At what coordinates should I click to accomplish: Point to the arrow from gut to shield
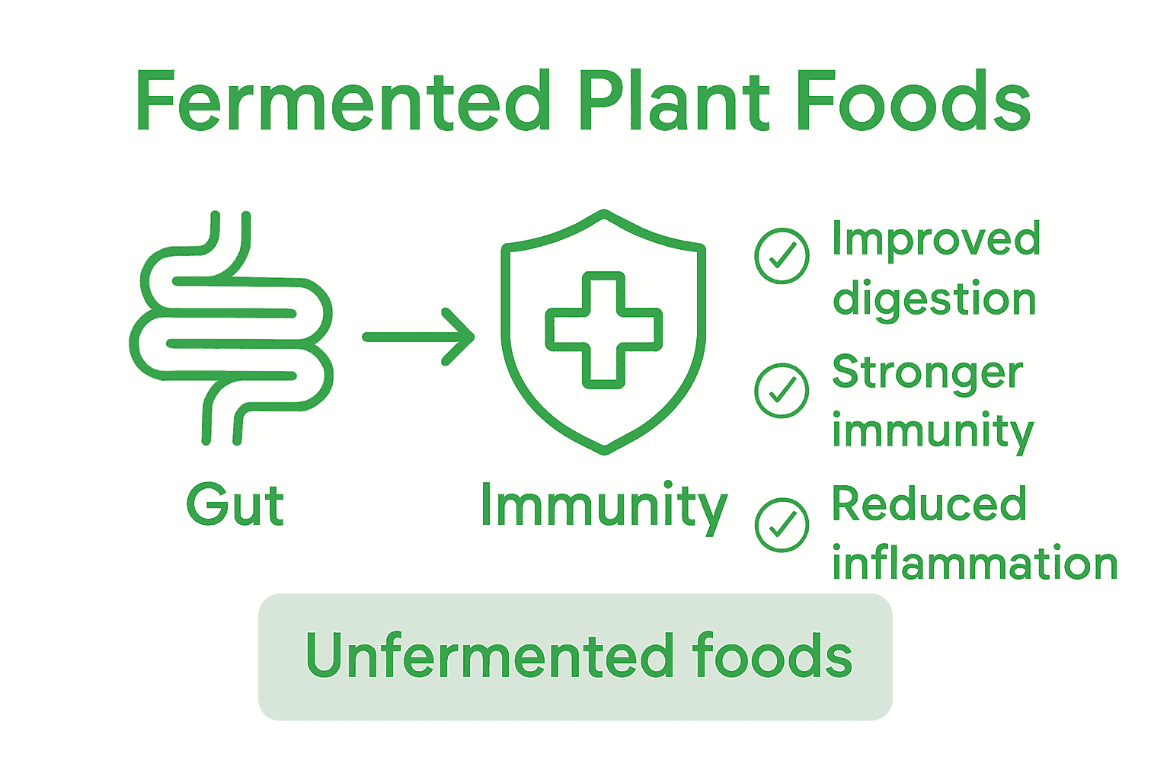(419, 337)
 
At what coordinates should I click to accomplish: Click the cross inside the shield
(603, 330)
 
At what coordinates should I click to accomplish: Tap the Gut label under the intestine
(235, 505)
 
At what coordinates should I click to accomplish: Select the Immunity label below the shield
(604, 507)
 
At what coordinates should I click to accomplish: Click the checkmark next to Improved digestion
(782, 256)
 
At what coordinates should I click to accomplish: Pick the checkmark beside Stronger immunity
(782, 390)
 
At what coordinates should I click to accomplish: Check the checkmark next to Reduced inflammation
(782, 525)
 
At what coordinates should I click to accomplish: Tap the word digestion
(935, 299)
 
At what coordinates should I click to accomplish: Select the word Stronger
(927, 373)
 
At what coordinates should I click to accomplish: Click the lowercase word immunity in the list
(932, 431)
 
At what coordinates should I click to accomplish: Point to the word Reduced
(929, 504)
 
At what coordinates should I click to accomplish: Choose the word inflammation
(974, 564)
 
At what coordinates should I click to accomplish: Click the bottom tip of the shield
(604, 449)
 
